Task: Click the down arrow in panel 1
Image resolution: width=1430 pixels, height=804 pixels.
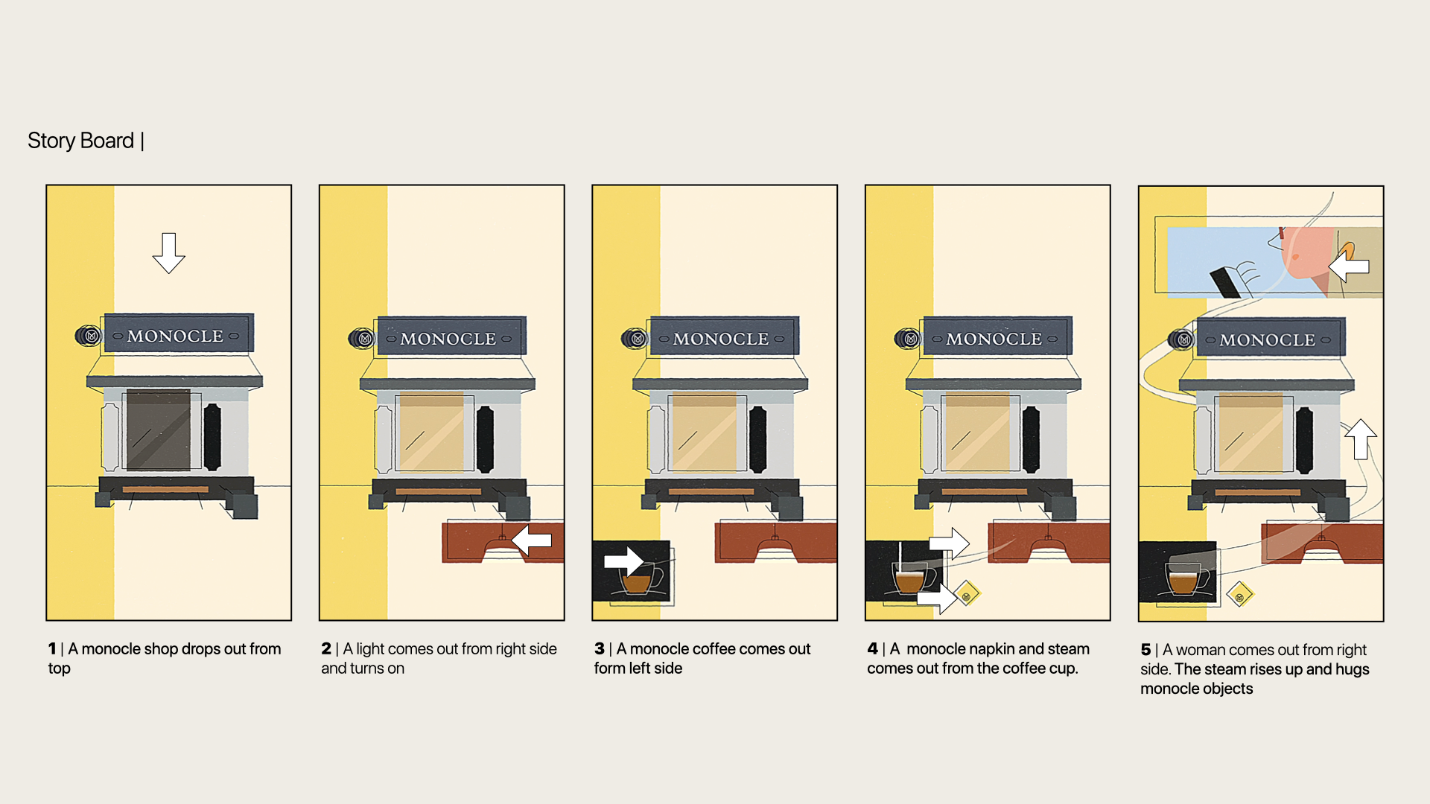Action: pyautogui.click(x=169, y=252)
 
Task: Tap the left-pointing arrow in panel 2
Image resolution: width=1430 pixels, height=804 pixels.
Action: pyautogui.click(x=532, y=540)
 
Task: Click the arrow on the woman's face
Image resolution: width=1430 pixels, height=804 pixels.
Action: pyautogui.click(x=1349, y=266)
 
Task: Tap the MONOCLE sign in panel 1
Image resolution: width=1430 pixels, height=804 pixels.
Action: pyautogui.click(x=176, y=336)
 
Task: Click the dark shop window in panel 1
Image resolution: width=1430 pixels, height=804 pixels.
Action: pyautogui.click(x=159, y=430)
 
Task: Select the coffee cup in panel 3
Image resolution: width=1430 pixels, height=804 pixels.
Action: pyautogui.click(x=639, y=579)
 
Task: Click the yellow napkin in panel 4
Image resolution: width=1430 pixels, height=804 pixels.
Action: pyautogui.click(x=967, y=595)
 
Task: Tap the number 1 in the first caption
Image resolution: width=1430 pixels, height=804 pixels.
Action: pyautogui.click(x=52, y=649)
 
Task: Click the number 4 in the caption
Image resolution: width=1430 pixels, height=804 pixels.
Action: pyautogui.click(x=872, y=649)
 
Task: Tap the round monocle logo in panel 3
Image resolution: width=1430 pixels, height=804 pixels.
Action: pyautogui.click(x=637, y=339)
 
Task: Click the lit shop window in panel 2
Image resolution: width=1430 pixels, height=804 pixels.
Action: pyautogui.click(x=432, y=432)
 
